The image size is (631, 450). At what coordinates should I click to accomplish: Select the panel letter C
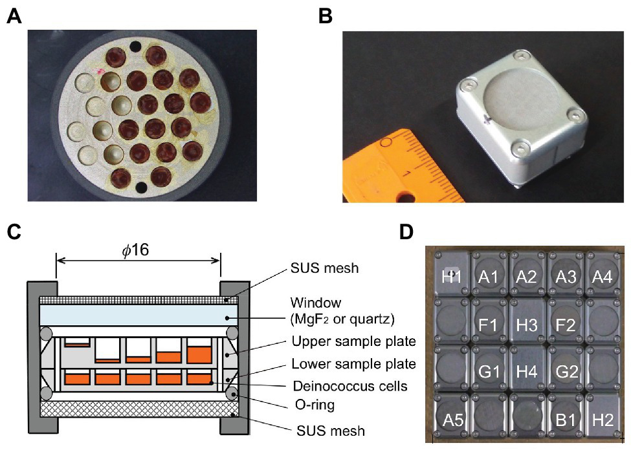(14, 231)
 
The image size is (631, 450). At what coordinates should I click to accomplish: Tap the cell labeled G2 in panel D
(565, 372)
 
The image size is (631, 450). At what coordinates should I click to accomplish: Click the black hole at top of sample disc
(135, 47)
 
